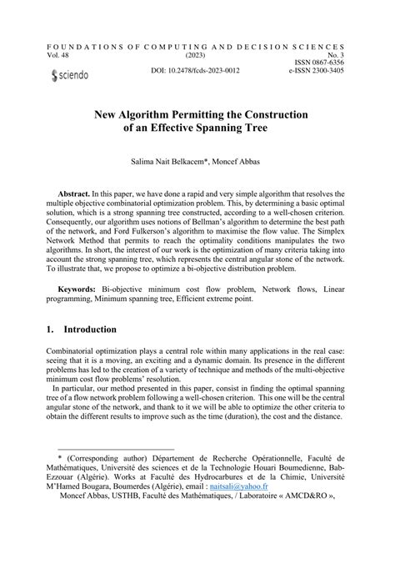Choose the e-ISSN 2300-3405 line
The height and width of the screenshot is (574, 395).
pyautogui.click(x=317, y=70)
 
